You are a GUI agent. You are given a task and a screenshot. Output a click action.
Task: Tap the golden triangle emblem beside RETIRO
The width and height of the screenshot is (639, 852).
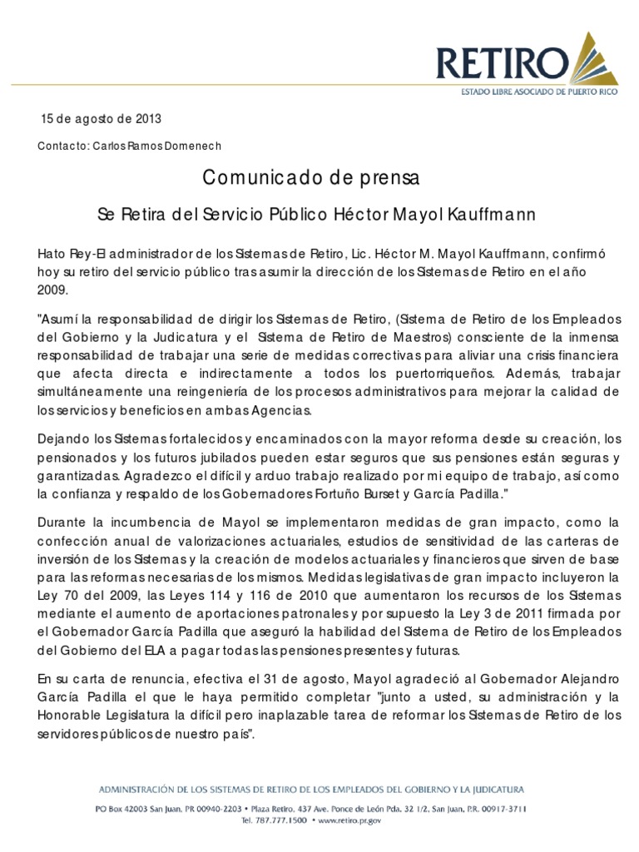(597, 57)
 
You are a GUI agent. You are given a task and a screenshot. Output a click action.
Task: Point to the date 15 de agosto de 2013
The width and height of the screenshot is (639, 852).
(102, 119)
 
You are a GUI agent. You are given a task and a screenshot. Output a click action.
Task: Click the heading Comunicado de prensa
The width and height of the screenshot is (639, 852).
(312, 177)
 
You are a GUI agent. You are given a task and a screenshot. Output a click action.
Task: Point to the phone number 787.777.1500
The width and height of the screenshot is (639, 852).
(283, 820)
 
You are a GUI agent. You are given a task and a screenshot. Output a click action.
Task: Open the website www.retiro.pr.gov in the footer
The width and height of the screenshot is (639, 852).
(349, 820)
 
